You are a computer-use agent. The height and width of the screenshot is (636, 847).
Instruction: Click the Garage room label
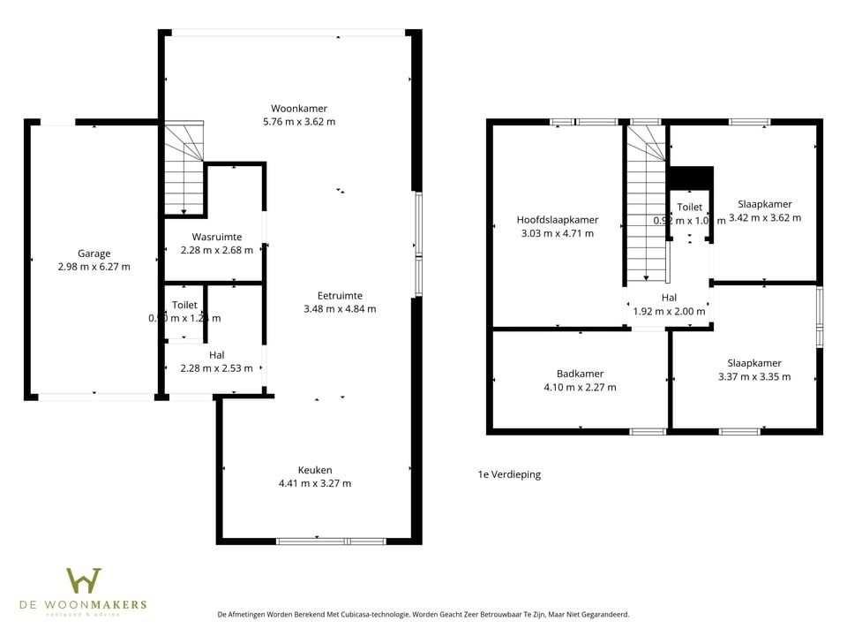coord(94,254)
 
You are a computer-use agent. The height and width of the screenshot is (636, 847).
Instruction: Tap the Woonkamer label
coord(299,109)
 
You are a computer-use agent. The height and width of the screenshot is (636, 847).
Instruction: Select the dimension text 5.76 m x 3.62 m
coord(299,122)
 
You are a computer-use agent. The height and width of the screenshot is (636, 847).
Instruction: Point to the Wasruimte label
coord(216,237)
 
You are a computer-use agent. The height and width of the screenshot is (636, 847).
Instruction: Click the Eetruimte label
coord(340,296)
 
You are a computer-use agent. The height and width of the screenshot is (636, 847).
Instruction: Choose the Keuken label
coord(315,470)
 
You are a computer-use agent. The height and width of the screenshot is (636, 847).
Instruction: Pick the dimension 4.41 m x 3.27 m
coord(315,483)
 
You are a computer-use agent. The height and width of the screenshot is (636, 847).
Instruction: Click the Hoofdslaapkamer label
coord(558,220)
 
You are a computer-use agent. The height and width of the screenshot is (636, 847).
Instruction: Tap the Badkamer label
coord(580,374)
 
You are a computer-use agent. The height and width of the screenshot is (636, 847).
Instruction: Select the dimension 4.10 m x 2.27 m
coord(580,387)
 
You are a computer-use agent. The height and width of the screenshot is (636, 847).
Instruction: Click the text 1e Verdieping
coord(509,474)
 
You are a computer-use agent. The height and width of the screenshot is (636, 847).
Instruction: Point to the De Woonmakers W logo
coord(84,581)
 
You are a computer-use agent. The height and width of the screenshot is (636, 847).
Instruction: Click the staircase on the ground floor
coord(184,168)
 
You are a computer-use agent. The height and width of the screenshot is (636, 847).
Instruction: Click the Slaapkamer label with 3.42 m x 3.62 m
coord(764,204)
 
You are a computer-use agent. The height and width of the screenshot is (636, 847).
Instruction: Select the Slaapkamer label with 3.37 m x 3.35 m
coord(753,363)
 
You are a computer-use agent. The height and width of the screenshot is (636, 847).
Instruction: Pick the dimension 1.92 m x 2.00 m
coord(669,311)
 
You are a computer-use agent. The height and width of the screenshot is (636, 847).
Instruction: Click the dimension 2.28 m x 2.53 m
coord(216,368)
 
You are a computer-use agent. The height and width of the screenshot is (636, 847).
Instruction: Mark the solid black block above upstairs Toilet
coord(690,178)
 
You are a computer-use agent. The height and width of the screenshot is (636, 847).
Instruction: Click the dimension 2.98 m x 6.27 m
coord(94,267)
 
